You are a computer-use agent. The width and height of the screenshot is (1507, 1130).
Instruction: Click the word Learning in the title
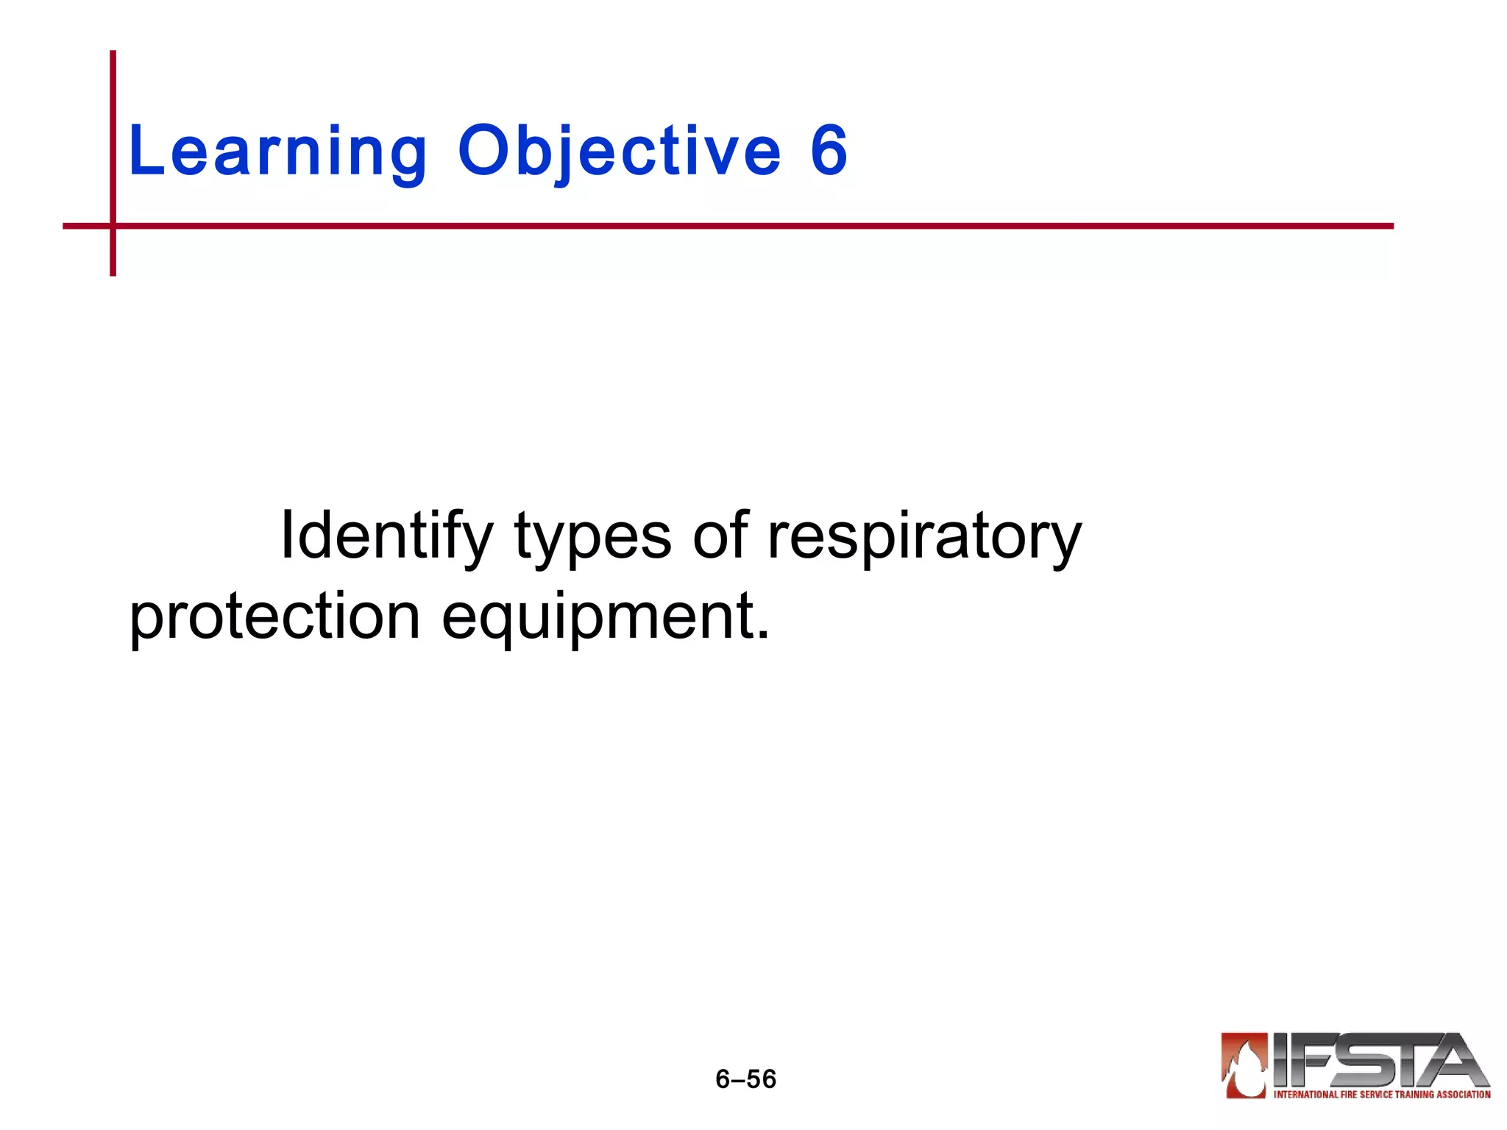pyautogui.click(x=277, y=152)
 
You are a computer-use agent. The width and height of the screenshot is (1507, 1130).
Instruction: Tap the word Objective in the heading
pyautogui.click(x=619, y=152)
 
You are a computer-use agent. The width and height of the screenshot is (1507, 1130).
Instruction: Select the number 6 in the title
pyautogui.click(x=829, y=151)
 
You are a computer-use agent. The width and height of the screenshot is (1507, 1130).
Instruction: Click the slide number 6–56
pyautogui.click(x=745, y=1079)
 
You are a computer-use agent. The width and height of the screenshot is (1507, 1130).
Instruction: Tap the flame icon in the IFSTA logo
pyautogui.click(x=1244, y=1066)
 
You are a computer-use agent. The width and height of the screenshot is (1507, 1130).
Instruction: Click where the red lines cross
pyautogui.click(x=113, y=226)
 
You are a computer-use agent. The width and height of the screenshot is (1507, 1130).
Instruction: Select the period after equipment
pyautogui.click(x=763, y=634)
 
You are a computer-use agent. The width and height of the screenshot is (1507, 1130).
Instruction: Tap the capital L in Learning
pyautogui.click(x=145, y=151)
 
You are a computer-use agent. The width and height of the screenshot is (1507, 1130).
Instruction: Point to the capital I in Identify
pyautogui.click(x=287, y=535)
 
